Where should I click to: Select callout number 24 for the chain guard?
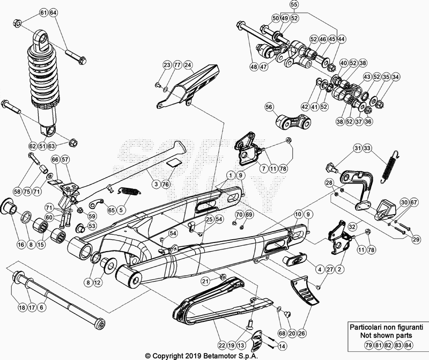[188, 65]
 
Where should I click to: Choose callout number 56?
[269, 107]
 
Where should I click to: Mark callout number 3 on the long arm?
[156, 184]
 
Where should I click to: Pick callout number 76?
[165, 184]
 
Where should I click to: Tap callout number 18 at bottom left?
[21, 307]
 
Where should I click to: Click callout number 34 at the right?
[395, 77]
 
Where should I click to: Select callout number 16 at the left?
[21, 244]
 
